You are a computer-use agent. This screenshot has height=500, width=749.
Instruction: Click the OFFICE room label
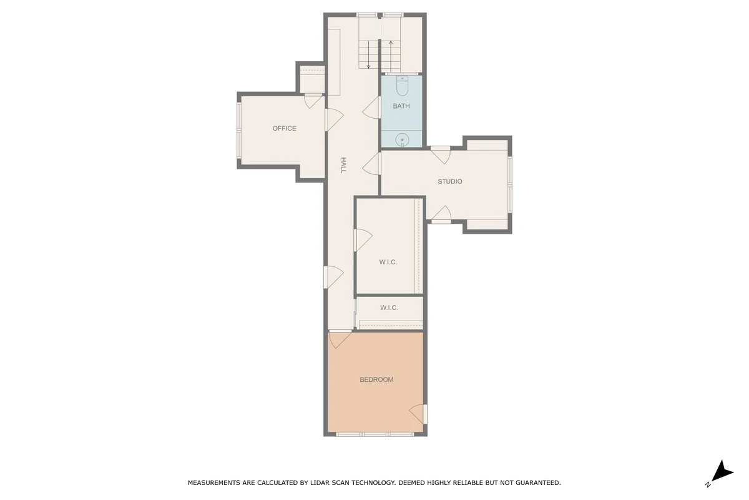[x=284, y=128]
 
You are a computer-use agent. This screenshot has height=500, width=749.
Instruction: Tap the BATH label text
[x=401, y=106]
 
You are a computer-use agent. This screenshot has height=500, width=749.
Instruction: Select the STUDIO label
[x=450, y=181]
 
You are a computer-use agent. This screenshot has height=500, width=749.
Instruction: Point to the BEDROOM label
[x=376, y=379]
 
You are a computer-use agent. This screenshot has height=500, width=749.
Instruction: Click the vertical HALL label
[x=343, y=165]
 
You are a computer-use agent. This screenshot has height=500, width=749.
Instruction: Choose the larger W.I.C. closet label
[x=388, y=262]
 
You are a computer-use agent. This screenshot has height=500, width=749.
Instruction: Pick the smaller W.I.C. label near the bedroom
[x=389, y=307]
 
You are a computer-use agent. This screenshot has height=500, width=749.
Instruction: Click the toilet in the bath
[x=402, y=86]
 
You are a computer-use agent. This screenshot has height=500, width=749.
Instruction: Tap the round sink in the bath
[x=402, y=139]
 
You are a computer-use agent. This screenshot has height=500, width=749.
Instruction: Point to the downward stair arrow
[x=368, y=55]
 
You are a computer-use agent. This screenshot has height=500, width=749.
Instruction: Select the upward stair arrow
[x=391, y=56]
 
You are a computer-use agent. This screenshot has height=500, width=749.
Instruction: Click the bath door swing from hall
[x=371, y=107]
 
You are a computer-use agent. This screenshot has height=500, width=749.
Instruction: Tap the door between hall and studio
[x=371, y=163]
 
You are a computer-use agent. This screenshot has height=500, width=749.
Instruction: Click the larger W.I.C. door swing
[x=363, y=240]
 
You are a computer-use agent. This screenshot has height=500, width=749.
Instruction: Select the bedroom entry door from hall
[x=340, y=339]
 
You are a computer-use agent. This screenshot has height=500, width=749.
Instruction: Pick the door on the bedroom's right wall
[x=418, y=414]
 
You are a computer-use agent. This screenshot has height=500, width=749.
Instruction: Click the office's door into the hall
[x=335, y=120]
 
